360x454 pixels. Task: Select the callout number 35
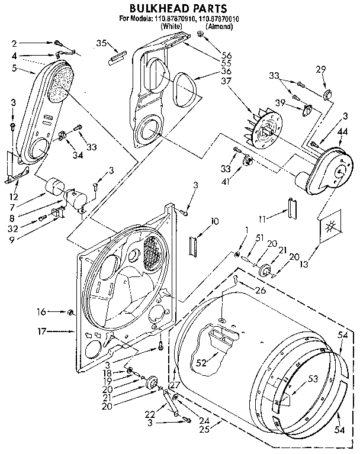tap(101, 43)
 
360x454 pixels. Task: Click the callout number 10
tap(214, 221)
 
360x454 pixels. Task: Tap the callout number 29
tap(320, 70)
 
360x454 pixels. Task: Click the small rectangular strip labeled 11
tap(291, 209)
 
